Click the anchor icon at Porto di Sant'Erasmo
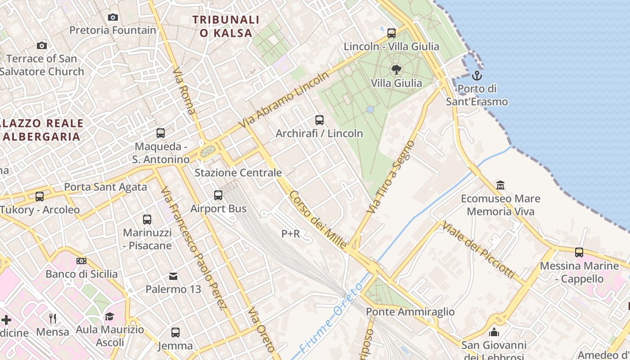click(x=477, y=76)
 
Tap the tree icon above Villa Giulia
click(x=396, y=69)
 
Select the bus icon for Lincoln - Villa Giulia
click(x=391, y=33)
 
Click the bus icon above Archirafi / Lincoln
click(x=319, y=120)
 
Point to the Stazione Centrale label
click(x=238, y=173)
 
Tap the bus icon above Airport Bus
click(x=218, y=195)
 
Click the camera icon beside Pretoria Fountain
click(x=113, y=18)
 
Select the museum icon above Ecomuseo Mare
click(x=500, y=185)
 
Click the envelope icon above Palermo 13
click(x=173, y=276)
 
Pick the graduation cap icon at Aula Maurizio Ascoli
click(x=109, y=316)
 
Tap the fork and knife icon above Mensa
click(x=53, y=319)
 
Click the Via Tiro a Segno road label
click(x=391, y=177)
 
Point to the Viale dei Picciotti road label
click(x=478, y=249)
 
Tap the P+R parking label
click(x=291, y=234)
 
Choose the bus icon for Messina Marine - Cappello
click(x=579, y=252)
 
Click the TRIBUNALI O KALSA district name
click(x=226, y=26)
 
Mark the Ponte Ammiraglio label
click(x=410, y=312)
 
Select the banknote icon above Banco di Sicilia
click(x=81, y=261)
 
